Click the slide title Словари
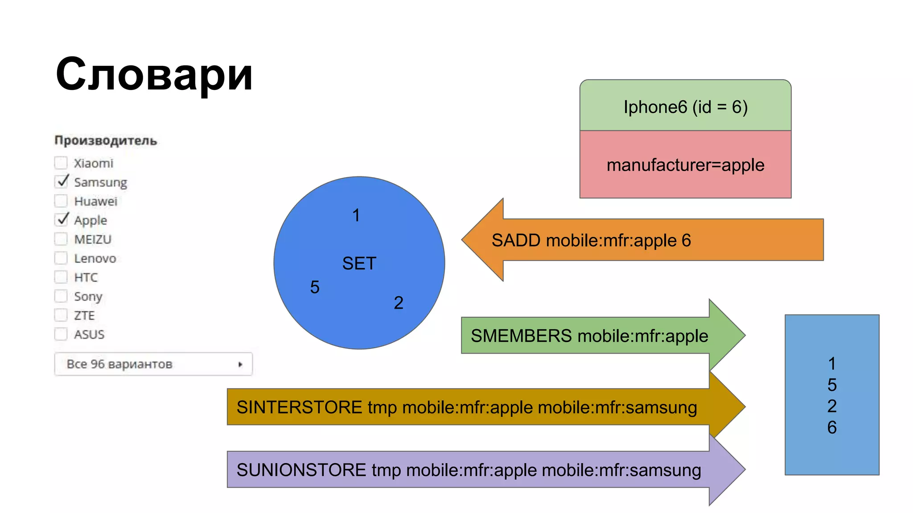pyautogui.click(x=154, y=74)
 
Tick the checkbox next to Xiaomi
pyautogui.click(x=61, y=163)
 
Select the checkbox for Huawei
pyautogui.click(x=61, y=201)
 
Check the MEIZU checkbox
pyautogui.click(x=61, y=239)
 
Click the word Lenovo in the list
pyautogui.click(x=95, y=258)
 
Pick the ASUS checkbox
pyautogui.click(x=61, y=334)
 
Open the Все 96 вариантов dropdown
pyautogui.click(x=153, y=364)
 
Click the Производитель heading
pyautogui.click(x=106, y=140)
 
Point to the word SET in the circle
pyautogui.click(x=359, y=264)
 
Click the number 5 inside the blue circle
pyautogui.click(x=315, y=287)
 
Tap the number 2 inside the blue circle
pyautogui.click(x=399, y=303)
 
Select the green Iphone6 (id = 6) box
pyautogui.click(x=685, y=106)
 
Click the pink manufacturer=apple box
pyautogui.click(x=685, y=165)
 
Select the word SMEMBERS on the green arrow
pyautogui.click(x=521, y=336)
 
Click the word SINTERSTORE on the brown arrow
pyautogui.click(x=299, y=407)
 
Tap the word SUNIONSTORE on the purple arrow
pyautogui.click(x=301, y=470)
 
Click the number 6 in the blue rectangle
pyautogui.click(x=832, y=427)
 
